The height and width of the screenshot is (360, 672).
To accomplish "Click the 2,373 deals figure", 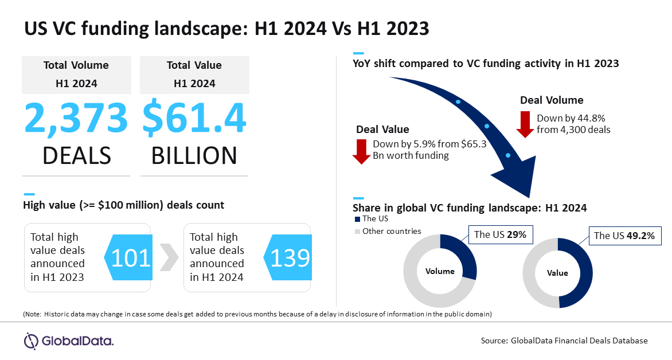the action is tap(76, 119).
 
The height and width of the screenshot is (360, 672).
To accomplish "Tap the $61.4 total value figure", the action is tap(194, 119).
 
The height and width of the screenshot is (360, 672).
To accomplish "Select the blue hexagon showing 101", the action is tap(128, 257).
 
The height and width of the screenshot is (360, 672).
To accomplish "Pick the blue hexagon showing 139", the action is tap(288, 257).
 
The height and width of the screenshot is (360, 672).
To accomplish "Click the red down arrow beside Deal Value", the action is tap(361, 152).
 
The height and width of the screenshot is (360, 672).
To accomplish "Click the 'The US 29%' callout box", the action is tap(500, 234).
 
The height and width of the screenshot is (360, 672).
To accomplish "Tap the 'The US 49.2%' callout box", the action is tap(624, 235).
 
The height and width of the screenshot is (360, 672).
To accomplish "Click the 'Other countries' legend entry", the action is tap(388, 232).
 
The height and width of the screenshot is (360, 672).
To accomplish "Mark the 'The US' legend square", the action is tap(357, 219).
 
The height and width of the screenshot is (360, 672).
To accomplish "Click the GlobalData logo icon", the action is tap(31, 341).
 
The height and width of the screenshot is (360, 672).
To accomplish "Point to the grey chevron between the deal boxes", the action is tap(169, 257).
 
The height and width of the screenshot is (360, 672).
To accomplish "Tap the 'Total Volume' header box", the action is tap(76, 75).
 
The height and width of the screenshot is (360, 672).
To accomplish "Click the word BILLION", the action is tap(194, 155).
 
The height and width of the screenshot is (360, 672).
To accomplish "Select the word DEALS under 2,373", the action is tap(77, 155).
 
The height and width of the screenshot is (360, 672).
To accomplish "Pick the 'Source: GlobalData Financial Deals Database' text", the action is tap(564, 341).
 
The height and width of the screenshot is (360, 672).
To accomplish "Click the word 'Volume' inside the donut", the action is tap(440, 271).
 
